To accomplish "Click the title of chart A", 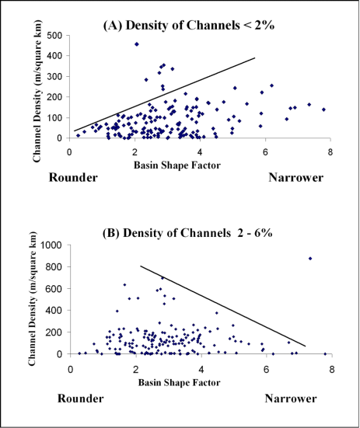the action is click(189, 25).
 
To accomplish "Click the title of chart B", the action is click(187, 233).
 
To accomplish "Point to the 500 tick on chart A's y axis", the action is click(54, 35).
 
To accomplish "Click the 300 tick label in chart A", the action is click(54, 76).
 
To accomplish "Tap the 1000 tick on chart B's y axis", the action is click(51, 245).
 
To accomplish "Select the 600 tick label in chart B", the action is click(54, 288).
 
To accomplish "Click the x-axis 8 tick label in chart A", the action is click(330, 152).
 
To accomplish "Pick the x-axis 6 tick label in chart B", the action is click(267, 370).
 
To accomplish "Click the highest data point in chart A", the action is click(137, 44).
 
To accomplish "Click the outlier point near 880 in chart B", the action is click(310, 259).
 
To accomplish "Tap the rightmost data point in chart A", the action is click(323, 110).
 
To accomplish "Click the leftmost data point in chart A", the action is click(78, 135).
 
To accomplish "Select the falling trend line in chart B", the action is click(223, 306).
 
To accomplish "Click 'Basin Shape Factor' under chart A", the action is click(177, 165).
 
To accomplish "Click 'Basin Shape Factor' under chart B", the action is click(179, 382).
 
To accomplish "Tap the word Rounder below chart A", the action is click(73, 178).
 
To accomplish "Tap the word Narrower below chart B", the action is click(291, 398).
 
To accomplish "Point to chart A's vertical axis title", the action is click(37, 91).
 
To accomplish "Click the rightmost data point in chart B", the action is click(325, 353).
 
